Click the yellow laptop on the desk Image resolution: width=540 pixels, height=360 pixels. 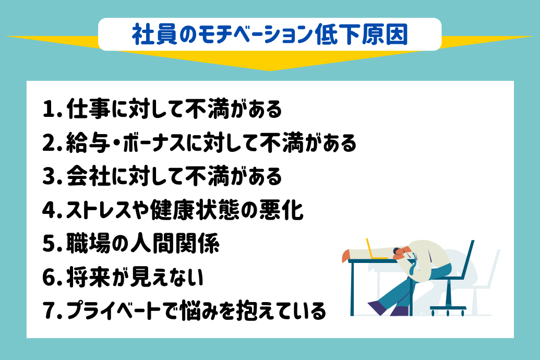[375, 250]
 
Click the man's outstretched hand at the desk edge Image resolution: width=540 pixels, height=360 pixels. [345, 256]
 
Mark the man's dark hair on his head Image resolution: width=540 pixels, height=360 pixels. [399, 250]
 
